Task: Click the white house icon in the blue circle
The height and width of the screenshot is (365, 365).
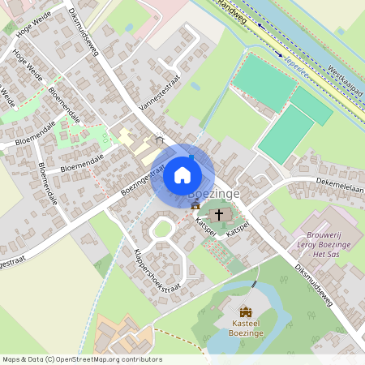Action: point(182,175)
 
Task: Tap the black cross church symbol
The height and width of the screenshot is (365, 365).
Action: point(218,216)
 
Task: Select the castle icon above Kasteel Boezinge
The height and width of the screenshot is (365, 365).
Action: point(245,311)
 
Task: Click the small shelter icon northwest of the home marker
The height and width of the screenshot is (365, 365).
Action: point(160,139)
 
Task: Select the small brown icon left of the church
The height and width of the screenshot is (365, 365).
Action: point(195,206)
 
